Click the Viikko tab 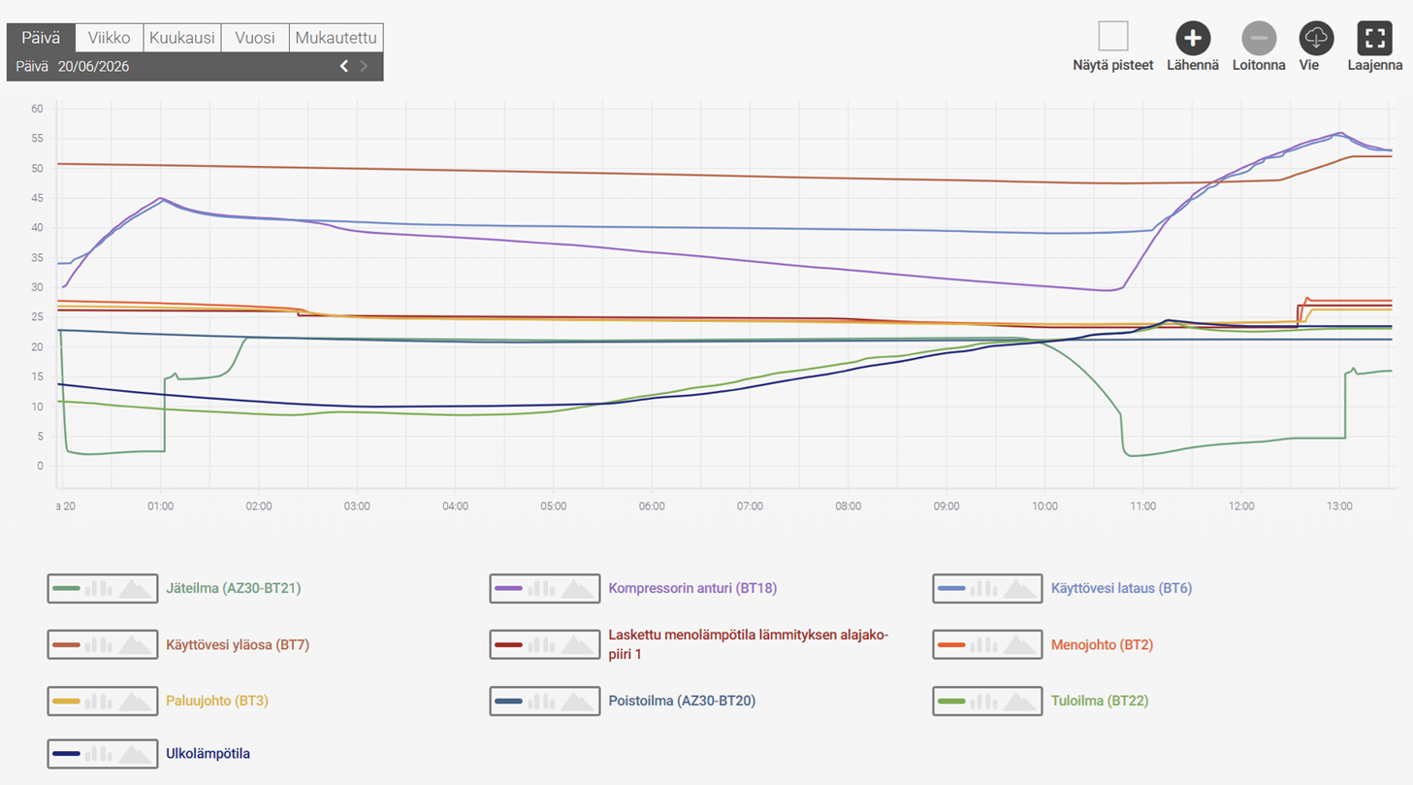coord(110,38)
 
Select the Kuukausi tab coord(182,38)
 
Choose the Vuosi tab coord(255,38)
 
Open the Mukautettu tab coord(337,38)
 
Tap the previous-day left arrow coord(343,66)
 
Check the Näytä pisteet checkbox coord(1112,36)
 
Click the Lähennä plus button coord(1192,39)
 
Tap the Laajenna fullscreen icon coord(1374,39)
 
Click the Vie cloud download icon coord(1316,39)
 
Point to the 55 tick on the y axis coord(37,138)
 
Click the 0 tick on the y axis coord(41,466)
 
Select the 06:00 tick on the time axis coord(652,507)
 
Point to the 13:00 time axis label coord(1339,507)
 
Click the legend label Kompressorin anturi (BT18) coord(692,588)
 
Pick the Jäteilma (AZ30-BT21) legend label coord(234,588)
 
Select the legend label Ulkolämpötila coord(208,753)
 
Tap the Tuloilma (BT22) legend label coord(1100,701)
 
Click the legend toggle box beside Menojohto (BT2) coord(987,644)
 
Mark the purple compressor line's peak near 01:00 coord(161,198)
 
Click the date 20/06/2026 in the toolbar coord(93,66)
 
